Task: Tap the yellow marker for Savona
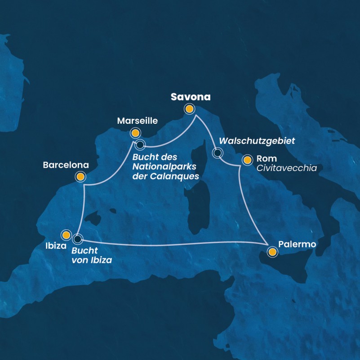click(x=190, y=109)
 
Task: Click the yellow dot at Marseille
click(x=134, y=133)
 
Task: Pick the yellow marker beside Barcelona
click(x=80, y=177)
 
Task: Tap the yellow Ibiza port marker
click(x=66, y=235)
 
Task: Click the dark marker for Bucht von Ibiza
click(x=78, y=238)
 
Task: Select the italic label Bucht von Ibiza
click(x=92, y=255)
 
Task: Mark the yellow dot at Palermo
click(x=272, y=252)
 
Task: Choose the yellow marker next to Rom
click(x=247, y=160)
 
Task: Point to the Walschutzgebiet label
click(x=257, y=141)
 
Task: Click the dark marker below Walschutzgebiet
click(x=218, y=153)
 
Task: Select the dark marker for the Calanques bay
click(x=140, y=145)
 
